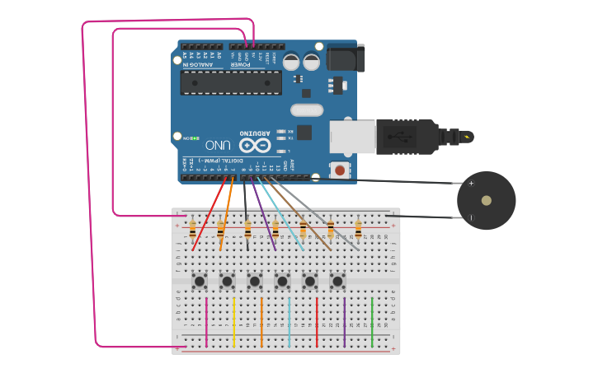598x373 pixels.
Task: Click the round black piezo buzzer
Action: [487, 200]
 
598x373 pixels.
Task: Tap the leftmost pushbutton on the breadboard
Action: [200, 282]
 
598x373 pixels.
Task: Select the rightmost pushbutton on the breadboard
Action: [337, 282]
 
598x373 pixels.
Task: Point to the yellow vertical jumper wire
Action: [234, 321]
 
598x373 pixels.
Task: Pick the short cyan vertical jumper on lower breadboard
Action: [290, 321]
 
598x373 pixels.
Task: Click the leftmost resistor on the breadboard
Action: [193, 227]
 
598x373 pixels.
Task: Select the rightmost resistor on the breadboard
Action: [358, 227]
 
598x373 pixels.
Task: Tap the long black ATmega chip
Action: [231, 82]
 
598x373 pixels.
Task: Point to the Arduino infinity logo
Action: [256, 145]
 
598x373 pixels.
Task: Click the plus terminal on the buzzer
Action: [471, 184]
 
